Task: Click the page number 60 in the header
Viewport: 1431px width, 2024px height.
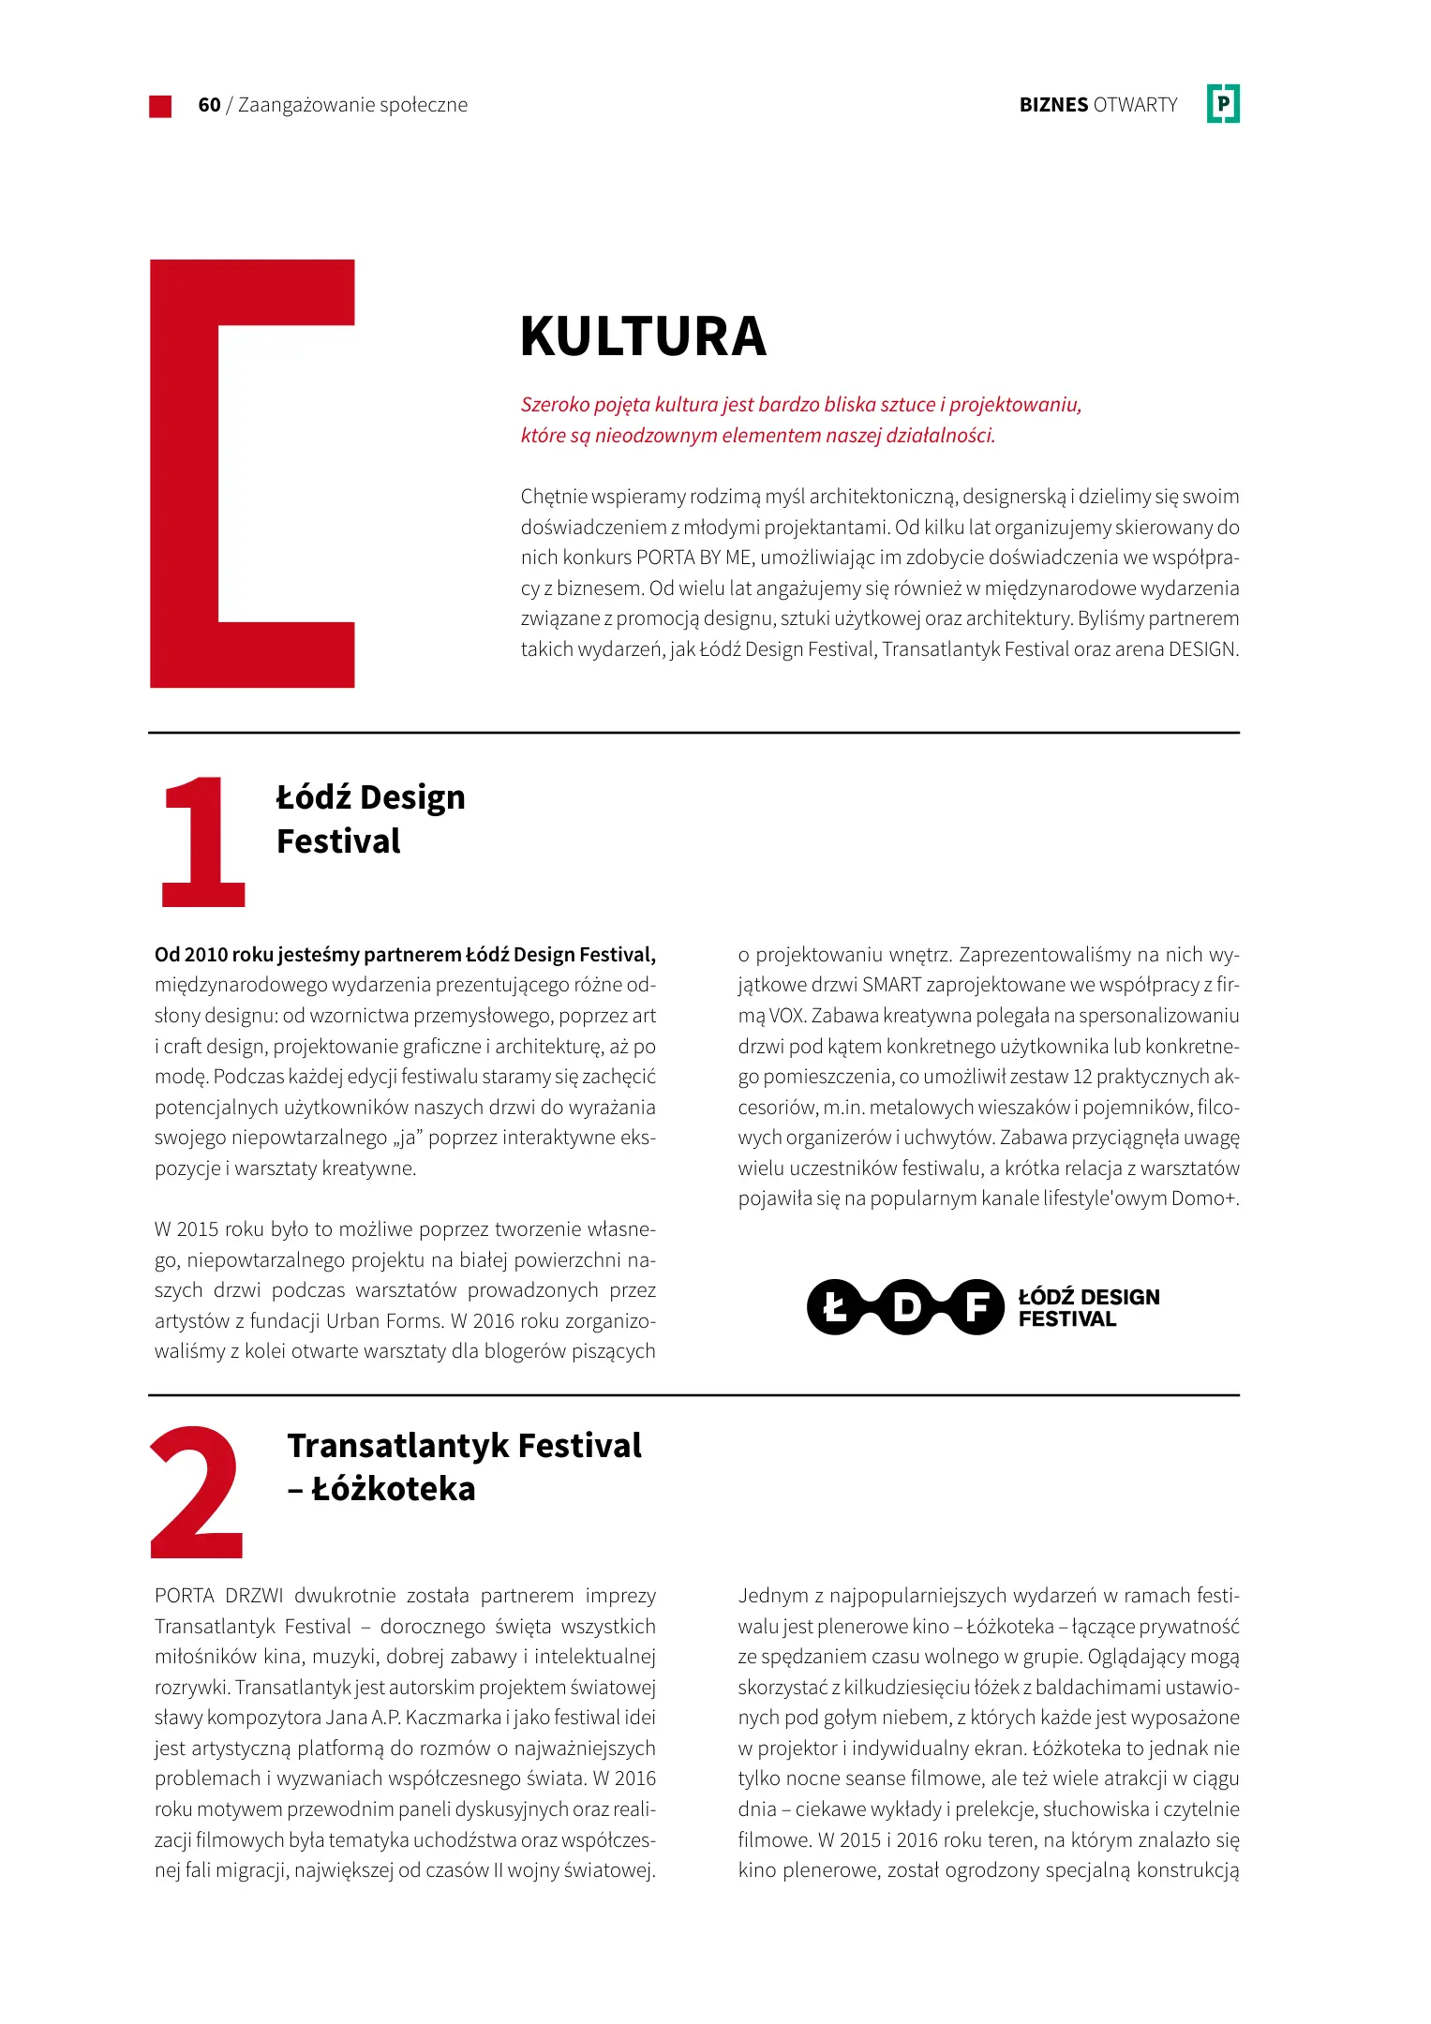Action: [209, 105]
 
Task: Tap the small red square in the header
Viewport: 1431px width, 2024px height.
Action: [160, 106]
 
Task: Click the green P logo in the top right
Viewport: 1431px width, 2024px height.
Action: [1223, 104]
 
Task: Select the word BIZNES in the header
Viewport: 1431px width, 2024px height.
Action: [1053, 105]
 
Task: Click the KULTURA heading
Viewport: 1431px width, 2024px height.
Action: [643, 336]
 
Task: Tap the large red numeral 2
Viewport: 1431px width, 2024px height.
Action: [198, 1494]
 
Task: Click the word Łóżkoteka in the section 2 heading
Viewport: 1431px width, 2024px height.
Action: [394, 1489]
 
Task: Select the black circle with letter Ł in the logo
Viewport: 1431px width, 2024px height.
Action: [833, 1307]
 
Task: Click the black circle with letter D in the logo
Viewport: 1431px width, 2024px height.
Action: [906, 1307]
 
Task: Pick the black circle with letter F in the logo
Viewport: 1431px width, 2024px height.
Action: [977, 1307]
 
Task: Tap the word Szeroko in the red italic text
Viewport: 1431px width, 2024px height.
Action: [555, 405]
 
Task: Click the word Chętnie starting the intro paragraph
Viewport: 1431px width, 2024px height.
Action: [553, 497]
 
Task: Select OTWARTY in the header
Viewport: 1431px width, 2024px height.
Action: [1135, 105]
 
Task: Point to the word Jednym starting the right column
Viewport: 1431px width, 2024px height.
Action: [773, 1596]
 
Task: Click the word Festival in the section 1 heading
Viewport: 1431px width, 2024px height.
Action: [338, 841]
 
